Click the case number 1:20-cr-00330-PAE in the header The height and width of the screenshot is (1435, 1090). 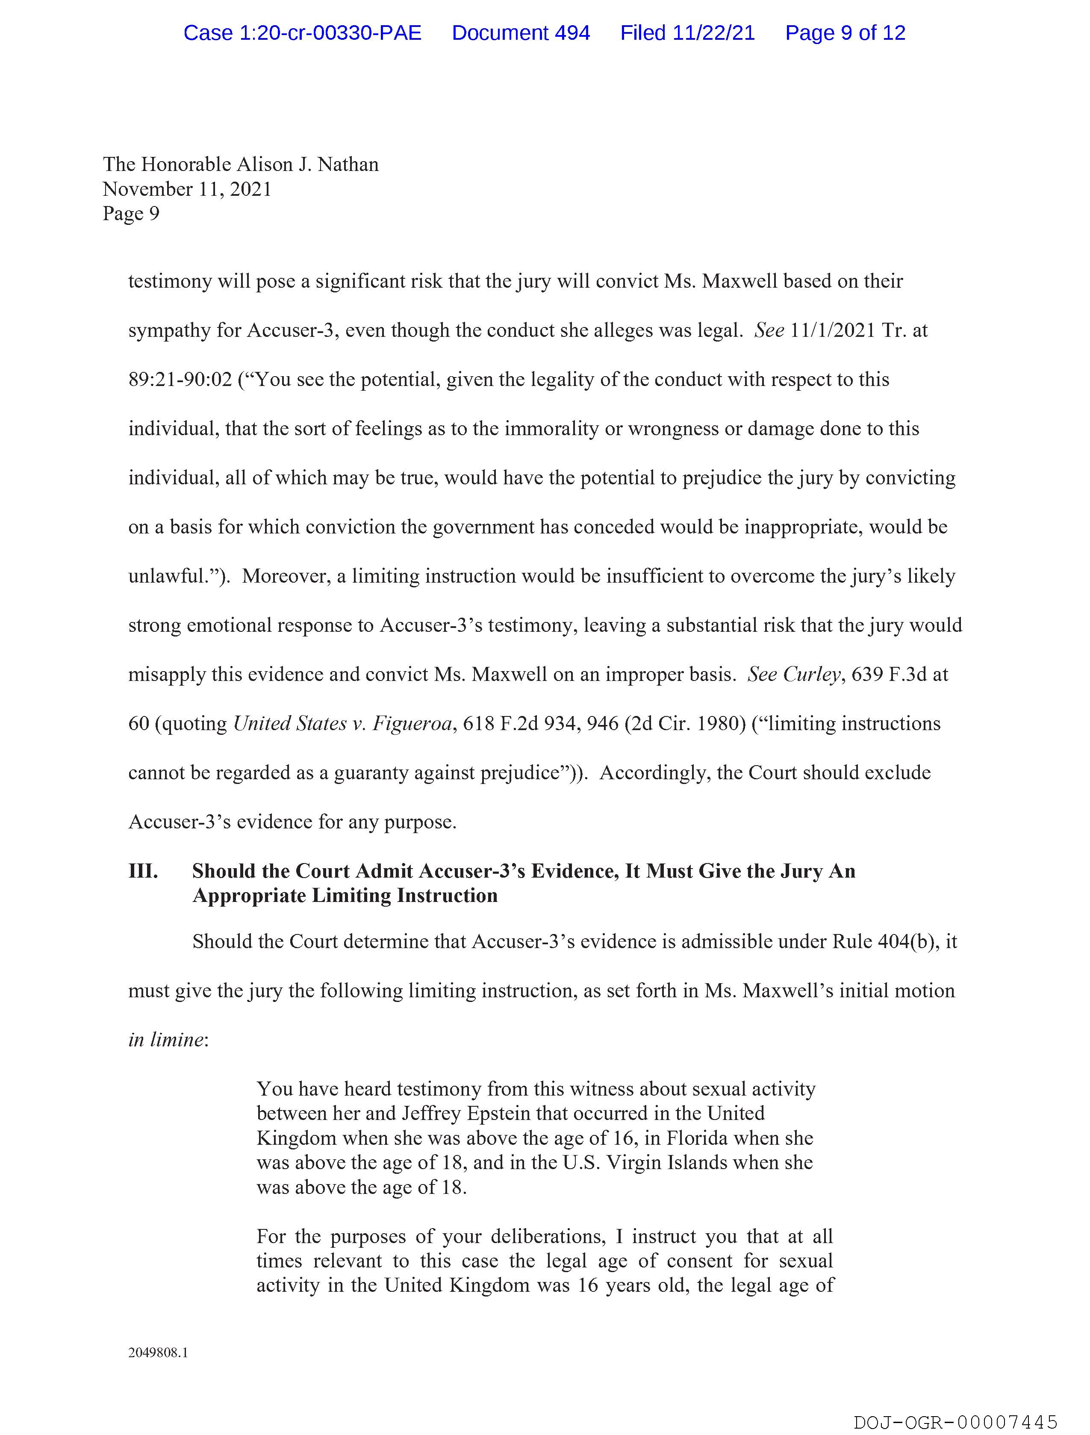pyautogui.click(x=302, y=33)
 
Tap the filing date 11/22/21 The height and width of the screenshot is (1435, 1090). pyautogui.click(x=714, y=33)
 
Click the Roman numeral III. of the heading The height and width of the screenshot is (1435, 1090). pyautogui.click(x=143, y=871)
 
